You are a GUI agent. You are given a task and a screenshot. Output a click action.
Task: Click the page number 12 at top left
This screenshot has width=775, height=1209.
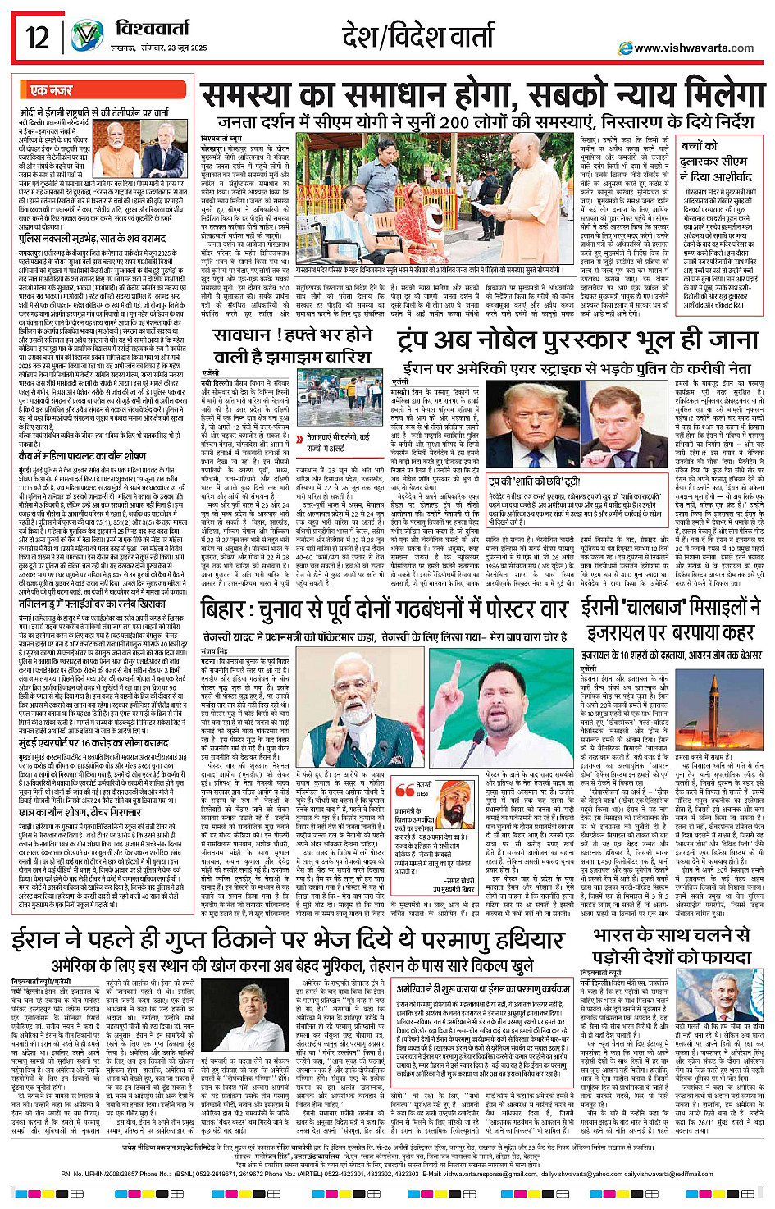pyautogui.click(x=37, y=37)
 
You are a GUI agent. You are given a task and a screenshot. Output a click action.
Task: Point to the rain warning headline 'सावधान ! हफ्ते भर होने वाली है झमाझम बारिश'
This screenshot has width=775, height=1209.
pyautogui.click(x=292, y=346)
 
